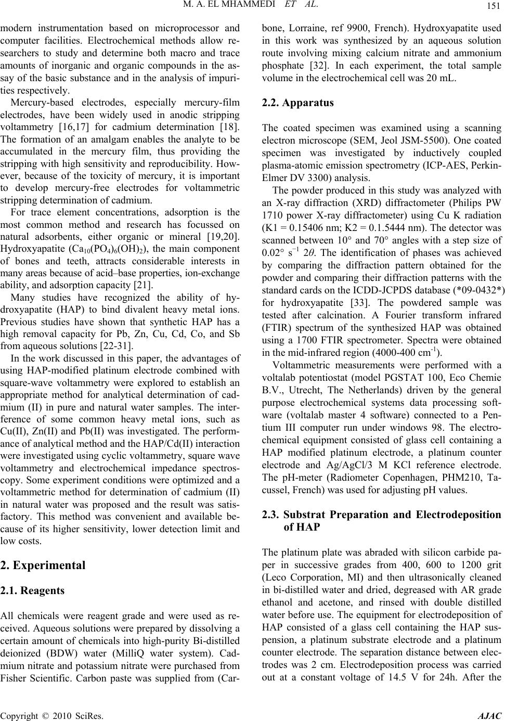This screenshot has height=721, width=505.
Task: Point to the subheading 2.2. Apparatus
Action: [297, 102]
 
